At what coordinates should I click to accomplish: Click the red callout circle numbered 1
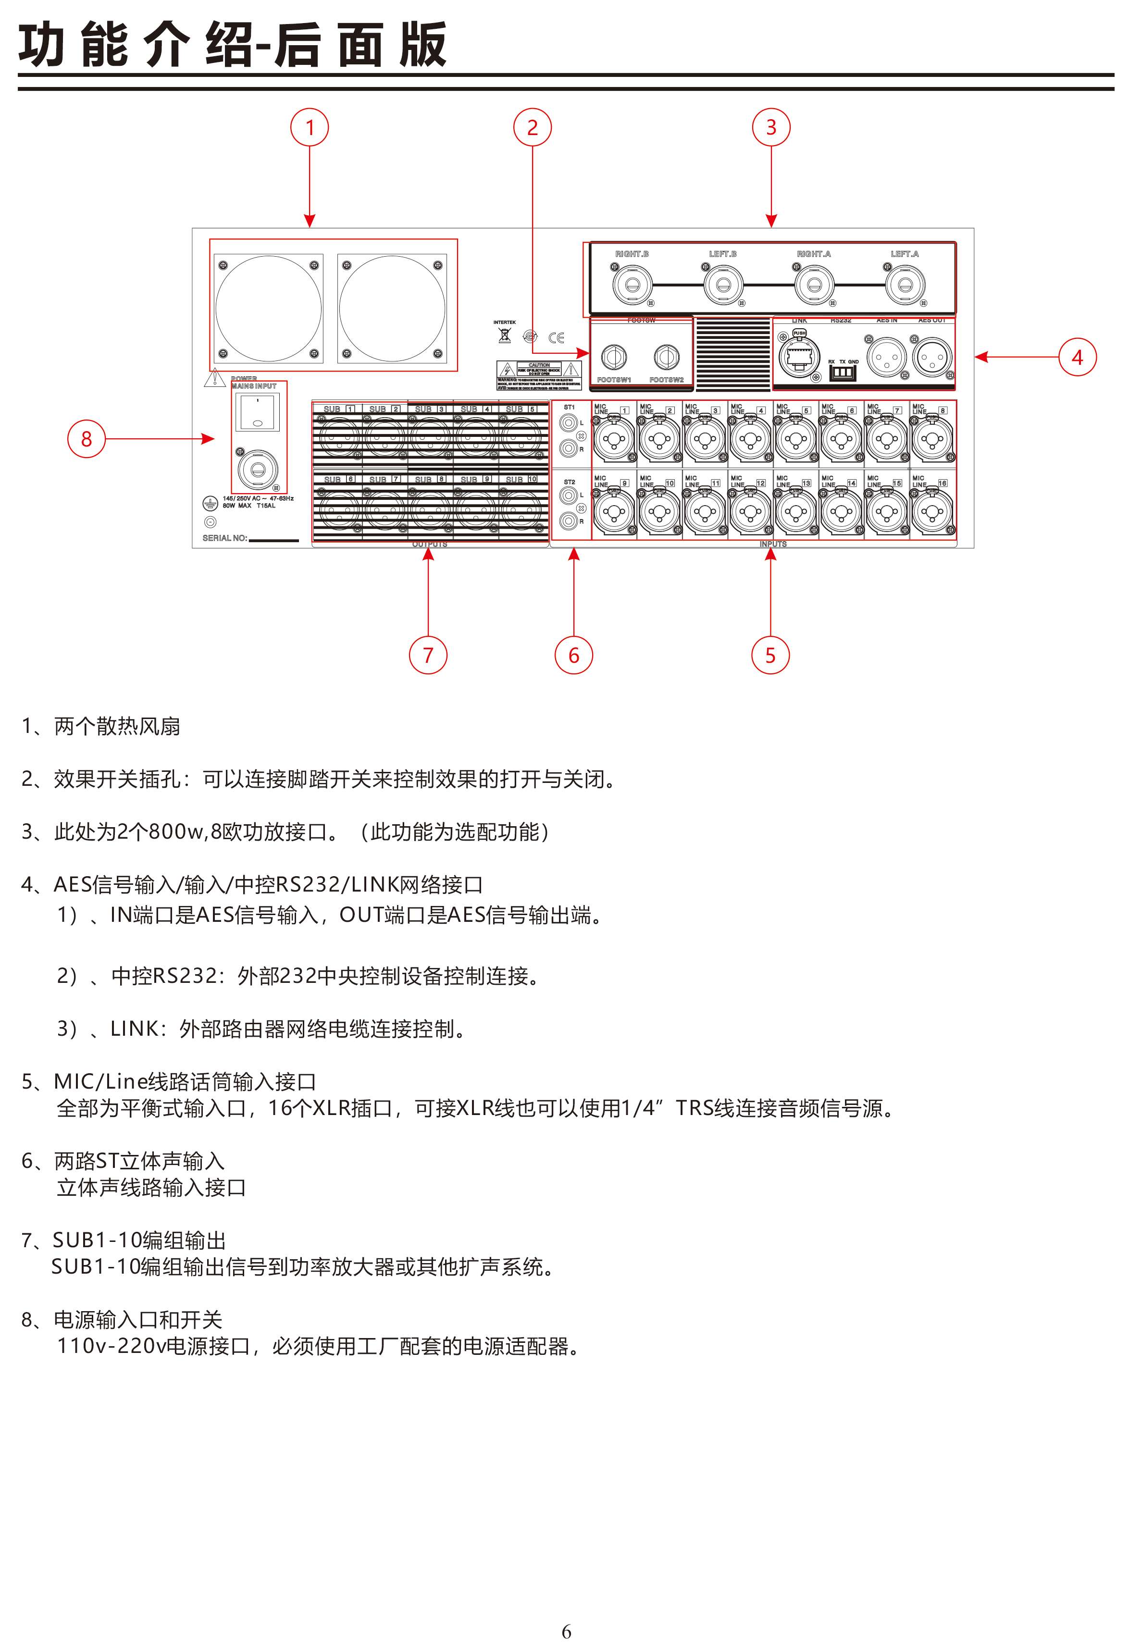[310, 128]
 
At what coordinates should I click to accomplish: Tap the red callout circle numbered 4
[1077, 357]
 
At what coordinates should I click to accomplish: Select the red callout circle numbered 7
[428, 655]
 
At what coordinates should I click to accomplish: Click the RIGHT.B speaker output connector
[632, 285]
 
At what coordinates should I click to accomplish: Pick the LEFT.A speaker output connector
[905, 285]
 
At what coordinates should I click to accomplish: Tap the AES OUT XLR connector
[932, 357]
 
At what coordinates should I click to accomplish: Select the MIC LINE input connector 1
[614, 439]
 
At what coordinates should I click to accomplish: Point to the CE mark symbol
[557, 338]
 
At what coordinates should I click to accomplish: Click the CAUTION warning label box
[539, 371]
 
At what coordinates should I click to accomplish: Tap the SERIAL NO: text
[225, 538]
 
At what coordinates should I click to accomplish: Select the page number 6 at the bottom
[566, 1631]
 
